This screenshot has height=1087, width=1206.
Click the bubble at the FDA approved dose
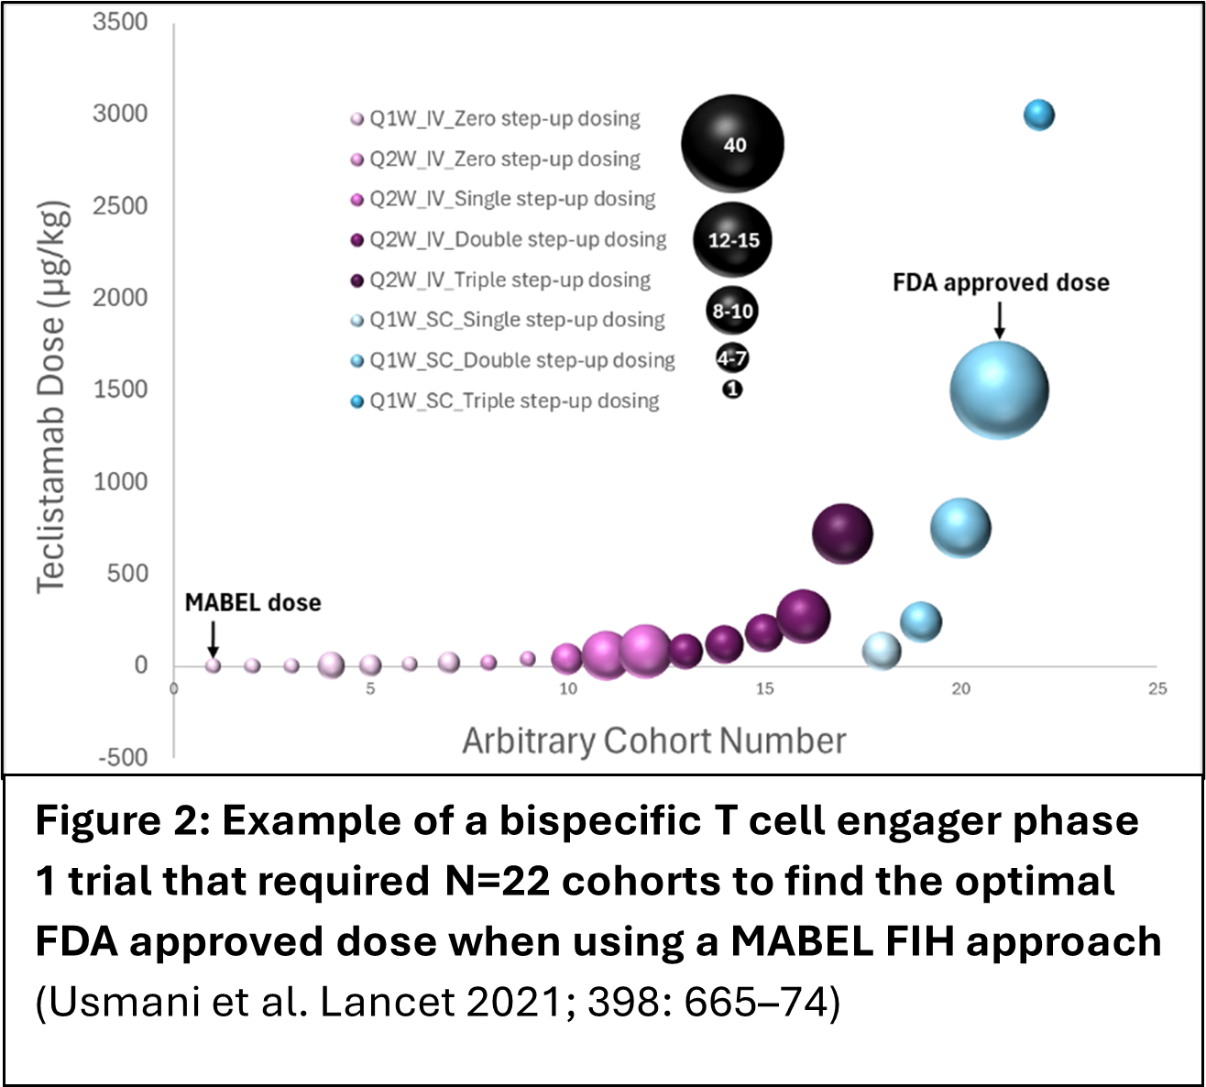pos(999,390)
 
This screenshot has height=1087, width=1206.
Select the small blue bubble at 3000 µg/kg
pos(1038,115)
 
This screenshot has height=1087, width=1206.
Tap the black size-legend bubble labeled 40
pos(733,145)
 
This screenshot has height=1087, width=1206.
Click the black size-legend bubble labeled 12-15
pos(733,240)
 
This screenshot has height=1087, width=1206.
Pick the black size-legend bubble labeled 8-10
pos(732,312)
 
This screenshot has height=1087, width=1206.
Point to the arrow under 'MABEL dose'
pos(213,636)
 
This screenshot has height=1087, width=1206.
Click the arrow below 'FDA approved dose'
pos(1000,320)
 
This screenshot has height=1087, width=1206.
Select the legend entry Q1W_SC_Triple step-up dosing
pos(513,401)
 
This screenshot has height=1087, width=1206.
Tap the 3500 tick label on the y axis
pos(120,22)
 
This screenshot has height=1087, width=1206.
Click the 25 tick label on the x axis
pos(1157,689)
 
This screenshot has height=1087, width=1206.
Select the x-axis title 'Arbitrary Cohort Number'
pos(653,741)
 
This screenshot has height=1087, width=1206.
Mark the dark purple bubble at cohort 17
pos(842,533)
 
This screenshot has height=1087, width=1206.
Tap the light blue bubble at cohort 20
pos(960,528)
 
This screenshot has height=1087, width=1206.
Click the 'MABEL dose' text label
pos(253,603)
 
